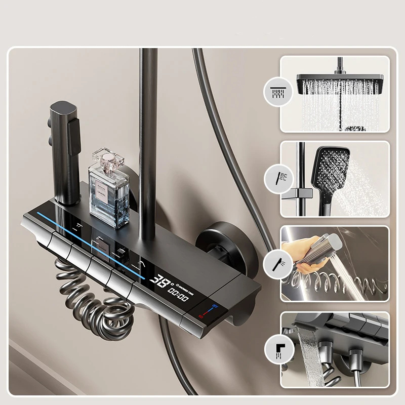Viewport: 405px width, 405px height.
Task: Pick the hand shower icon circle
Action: (278, 178)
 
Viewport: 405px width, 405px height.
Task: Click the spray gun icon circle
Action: (278, 263)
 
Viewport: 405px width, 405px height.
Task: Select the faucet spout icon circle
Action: (278, 349)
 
